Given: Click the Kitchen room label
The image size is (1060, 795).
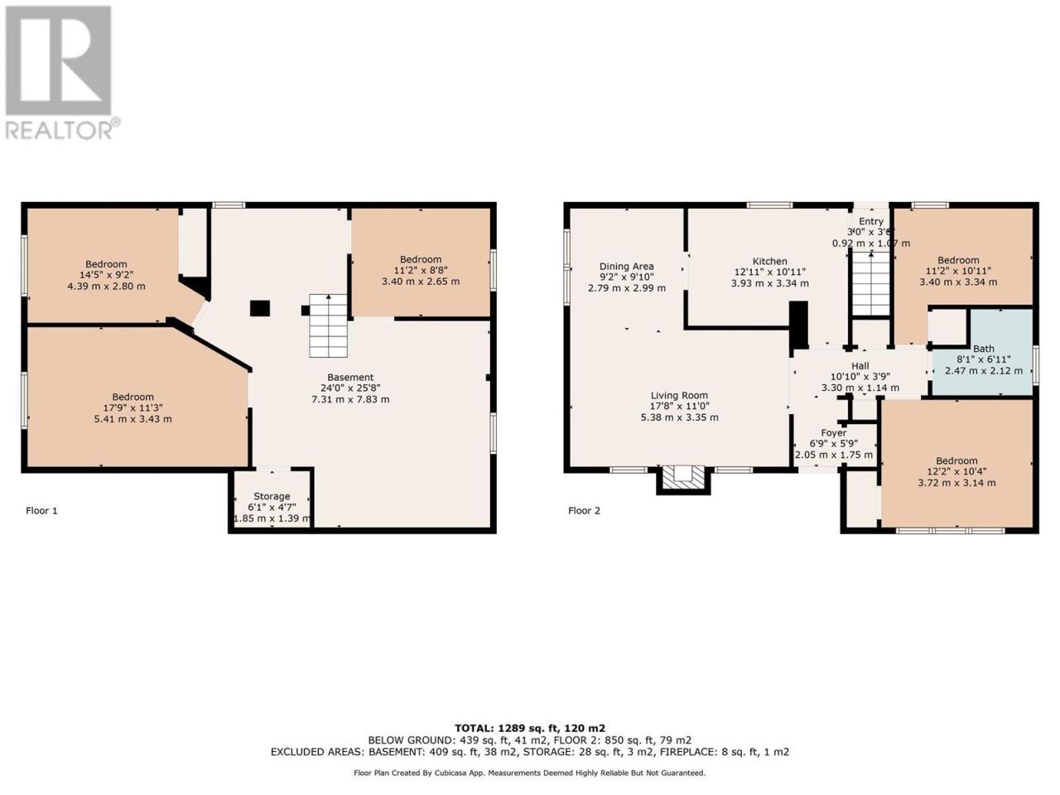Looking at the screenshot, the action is click(x=769, y=261).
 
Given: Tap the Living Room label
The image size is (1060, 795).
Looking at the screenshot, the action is click(x=679, y=395).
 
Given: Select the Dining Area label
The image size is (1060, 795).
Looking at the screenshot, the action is click(x=626, y=266).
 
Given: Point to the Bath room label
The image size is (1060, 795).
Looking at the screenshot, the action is click(x=984, y=349).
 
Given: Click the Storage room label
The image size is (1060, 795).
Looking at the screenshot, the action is click(x=272, y=496).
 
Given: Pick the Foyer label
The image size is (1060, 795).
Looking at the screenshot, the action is click(x=834, y=433).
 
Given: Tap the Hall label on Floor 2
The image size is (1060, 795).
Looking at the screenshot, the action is click(x=860, y=366).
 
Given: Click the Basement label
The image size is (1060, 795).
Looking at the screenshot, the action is click(x=350, y=378).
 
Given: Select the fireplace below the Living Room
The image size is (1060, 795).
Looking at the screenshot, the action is click(x=683, y=479).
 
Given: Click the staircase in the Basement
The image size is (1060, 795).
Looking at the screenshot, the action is click(x=329, y=325).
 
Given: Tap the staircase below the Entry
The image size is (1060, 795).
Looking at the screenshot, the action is click(x=870, y=285).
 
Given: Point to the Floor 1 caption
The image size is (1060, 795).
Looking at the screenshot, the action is click(x=41, y=511).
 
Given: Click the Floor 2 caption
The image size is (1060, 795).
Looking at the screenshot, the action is click(x=584, y=511).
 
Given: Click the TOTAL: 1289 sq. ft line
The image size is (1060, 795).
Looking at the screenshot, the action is click(x=530, y=728).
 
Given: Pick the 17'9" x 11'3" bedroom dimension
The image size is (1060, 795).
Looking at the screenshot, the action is click(x=132, y=408).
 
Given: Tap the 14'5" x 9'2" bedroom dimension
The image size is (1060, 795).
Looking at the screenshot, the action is click(x=106, y=275).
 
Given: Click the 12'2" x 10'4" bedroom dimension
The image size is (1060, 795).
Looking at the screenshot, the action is click(x=956, y=471).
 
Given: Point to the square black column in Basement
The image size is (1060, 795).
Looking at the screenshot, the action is click(x=260, y=308).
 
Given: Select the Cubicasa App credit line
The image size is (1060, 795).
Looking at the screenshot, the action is click(x=529, y=773).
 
